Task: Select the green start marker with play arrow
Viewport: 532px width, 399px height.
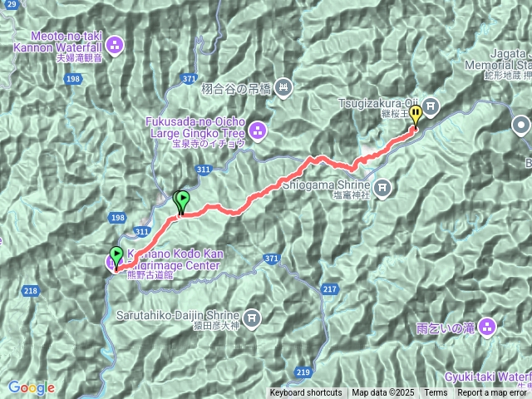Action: [116, 254]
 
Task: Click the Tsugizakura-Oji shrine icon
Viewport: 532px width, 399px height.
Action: [431, 105]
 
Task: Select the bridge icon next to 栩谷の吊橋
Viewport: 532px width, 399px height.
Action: [283, 86]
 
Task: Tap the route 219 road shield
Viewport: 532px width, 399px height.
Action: [302, 372]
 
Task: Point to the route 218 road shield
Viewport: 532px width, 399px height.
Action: [31, 290]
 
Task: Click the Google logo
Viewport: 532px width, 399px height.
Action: [32, 387]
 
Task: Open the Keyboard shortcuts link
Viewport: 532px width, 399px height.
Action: [305, 393]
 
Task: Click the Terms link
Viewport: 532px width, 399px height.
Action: [436, 393]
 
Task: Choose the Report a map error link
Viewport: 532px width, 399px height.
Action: [492, 393]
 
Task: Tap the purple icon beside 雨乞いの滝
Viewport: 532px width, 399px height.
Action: [486, 326]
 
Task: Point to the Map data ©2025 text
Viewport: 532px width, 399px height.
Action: [382, 393]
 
